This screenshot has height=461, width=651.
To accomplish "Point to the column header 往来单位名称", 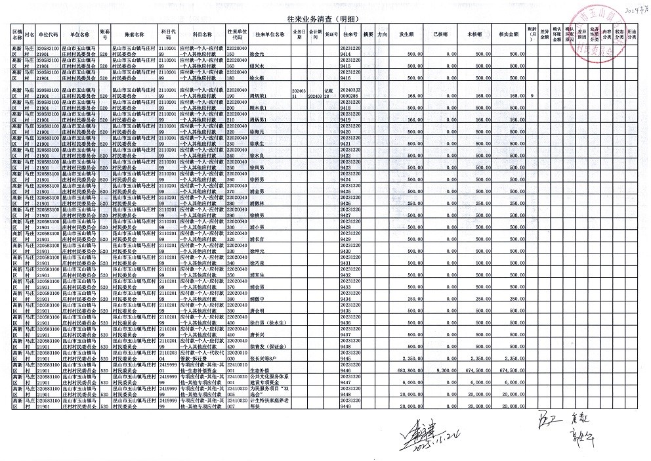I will coord(270,33).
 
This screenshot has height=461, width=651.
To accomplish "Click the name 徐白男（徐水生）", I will coord(266,324).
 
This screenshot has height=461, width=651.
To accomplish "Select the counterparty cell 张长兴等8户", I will coord(264,359).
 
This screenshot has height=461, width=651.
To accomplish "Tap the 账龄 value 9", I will coord(532,97).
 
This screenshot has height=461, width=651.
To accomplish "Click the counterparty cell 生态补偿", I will coord(261,370).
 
